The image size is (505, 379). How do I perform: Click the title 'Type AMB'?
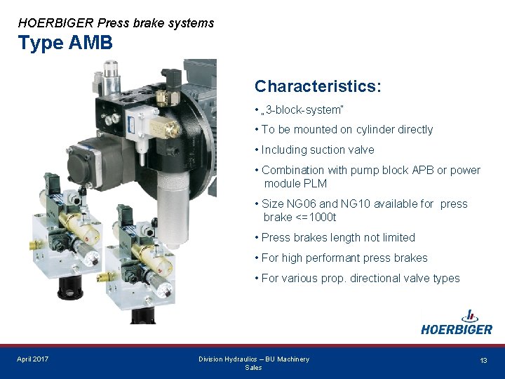pos(65,43)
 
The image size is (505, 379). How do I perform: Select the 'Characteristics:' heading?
pos(318,86)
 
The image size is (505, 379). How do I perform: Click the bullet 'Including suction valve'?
pos(318,150)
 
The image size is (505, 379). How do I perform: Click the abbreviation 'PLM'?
pos(314,184)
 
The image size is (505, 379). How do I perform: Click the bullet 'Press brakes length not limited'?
pos(338,238)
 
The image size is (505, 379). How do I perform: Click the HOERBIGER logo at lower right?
pos(457,323)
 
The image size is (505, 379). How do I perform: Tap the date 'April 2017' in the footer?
pos(33,359)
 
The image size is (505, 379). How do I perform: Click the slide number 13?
pos(483,360)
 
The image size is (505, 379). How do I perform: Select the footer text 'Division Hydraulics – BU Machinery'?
pos(253,359)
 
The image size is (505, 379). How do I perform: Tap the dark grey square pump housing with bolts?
pos(91,168)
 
